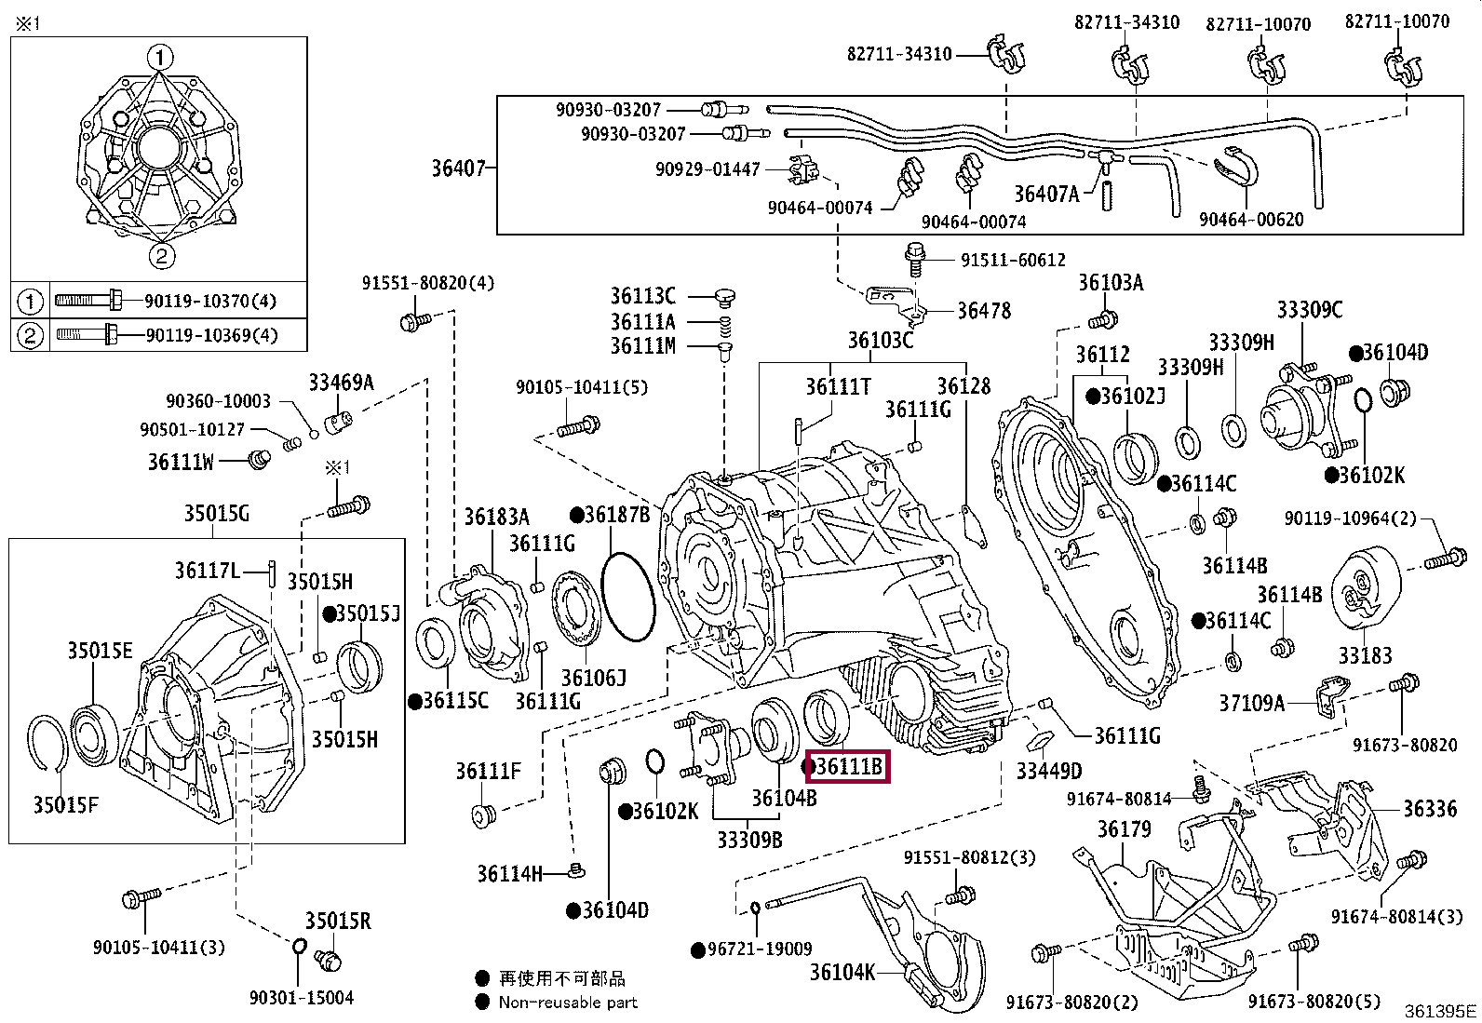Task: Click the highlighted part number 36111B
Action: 847,767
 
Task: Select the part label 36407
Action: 459,168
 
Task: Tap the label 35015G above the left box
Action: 216,514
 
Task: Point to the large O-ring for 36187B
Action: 627,597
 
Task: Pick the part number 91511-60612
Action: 1013,260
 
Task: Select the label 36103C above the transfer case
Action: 881,340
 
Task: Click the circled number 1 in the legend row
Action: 29,302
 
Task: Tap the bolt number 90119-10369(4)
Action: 211,335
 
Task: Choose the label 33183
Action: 1365,655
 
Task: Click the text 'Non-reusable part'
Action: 568,1003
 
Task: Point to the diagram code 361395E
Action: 1440,1011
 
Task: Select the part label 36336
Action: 1430,809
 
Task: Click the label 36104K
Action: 842,972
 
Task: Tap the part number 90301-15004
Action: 302,998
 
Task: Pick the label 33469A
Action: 341,383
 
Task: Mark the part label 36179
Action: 1125,829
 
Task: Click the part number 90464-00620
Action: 1252,220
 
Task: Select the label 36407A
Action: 1046,194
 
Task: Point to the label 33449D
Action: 1048,771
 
